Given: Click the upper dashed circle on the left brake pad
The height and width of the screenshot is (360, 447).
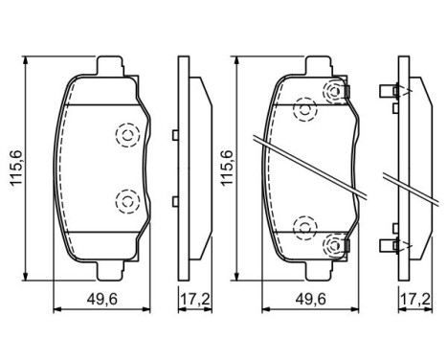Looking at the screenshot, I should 126,134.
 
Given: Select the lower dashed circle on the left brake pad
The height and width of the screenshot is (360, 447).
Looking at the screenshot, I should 126,200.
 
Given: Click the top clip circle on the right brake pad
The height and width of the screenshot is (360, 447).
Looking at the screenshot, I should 335,93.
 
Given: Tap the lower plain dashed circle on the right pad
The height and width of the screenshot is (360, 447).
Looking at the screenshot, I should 305,226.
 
